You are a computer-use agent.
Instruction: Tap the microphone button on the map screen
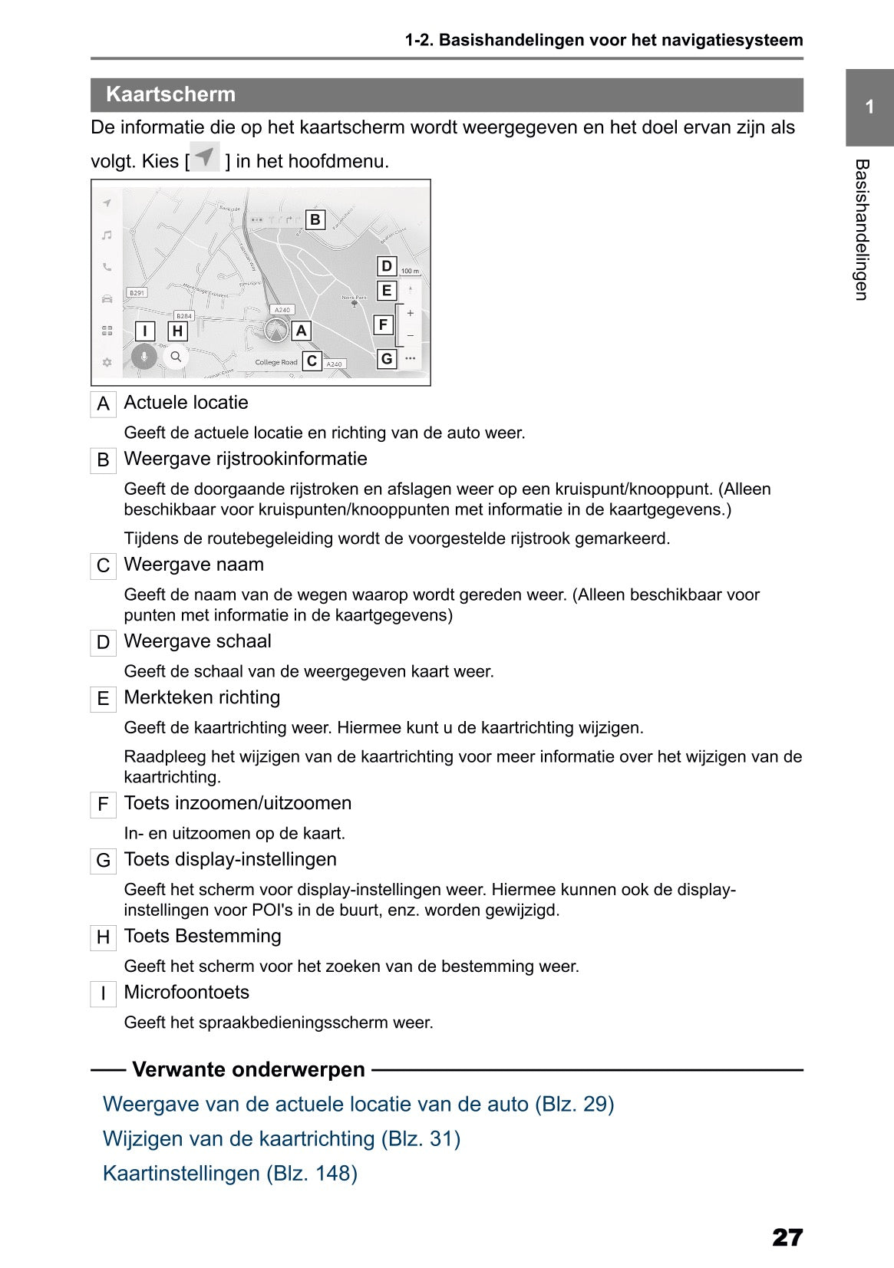click(144, 357)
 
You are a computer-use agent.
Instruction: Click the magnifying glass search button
click(176, 357)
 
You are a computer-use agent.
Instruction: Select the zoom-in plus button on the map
click(411, 313)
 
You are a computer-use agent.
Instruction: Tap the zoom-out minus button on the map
click(411, 335)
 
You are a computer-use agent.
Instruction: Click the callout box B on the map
click(315, 220)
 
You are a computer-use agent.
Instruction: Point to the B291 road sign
click(137, 293)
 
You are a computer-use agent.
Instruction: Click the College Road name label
click(276, 362)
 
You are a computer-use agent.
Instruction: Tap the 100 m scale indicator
click(410, 271)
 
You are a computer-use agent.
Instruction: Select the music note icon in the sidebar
click(107, 235)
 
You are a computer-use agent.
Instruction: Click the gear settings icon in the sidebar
click(107, 362)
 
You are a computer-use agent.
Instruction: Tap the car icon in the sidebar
click(107, 298)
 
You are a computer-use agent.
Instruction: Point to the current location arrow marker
click(276, 331)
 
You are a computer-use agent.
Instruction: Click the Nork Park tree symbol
click(354, 304)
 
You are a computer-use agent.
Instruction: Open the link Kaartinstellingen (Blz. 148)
click(230, 1173)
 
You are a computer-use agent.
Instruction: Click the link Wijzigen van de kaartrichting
click(281, 1138)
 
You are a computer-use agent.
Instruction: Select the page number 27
click(787, 1237)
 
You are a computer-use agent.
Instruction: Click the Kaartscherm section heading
click(170, 94)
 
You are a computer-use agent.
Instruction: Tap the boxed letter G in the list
click(104, 861)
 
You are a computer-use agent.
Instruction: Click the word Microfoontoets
click(186, 992)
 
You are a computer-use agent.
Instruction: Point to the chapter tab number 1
click(869, 107)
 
